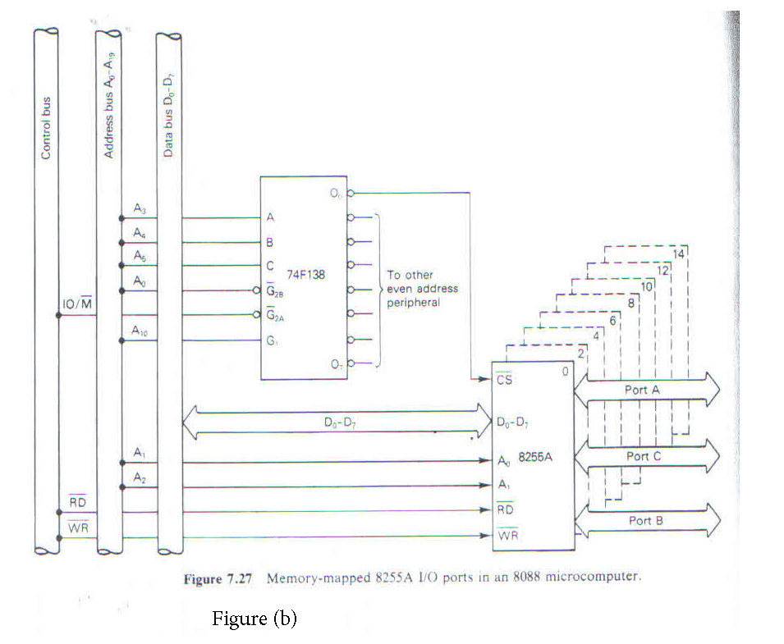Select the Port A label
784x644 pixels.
click(642, 390)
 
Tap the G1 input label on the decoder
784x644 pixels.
click(272, 340)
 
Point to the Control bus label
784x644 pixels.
click(46, 128)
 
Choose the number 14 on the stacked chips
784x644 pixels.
click(677, 254)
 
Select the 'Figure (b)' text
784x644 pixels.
click(254, 619)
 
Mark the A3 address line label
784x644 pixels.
click(140, 210)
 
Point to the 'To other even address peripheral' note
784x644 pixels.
click(422, 288)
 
